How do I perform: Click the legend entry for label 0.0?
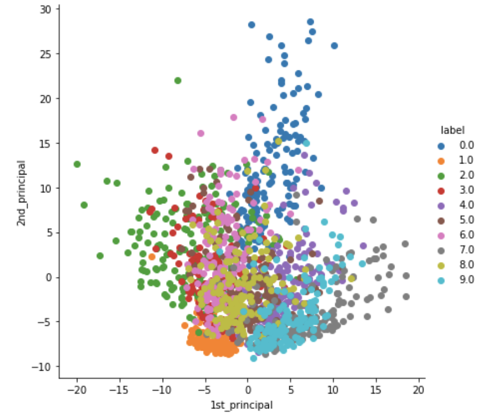(456, 145)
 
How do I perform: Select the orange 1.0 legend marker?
(441, 161)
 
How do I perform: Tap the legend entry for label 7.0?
(456, 250)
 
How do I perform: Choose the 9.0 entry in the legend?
(456, 280)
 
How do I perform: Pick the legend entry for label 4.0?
(456, 205)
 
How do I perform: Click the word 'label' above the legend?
(452, 131)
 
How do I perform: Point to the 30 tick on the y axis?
(46, 9)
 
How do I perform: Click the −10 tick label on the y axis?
(43, 366)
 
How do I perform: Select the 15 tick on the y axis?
(46, 143)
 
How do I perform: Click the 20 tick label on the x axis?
(418, 390)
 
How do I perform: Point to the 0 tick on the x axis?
(248, 390)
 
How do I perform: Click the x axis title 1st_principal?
(242, 405)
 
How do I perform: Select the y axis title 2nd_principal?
(21, 193)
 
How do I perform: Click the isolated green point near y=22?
(178, 80)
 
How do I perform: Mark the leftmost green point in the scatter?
(77, 164)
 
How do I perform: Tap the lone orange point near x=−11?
(152, 257)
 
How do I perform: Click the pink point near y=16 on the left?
(201, 134)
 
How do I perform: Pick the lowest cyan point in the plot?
(253, 358)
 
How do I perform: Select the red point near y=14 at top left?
(155, 150)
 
